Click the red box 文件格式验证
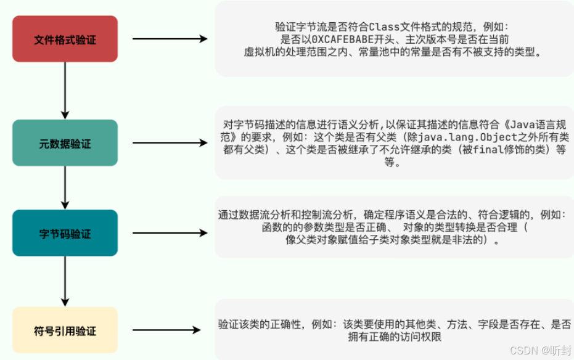(65, 39)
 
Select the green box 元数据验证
(65, 143)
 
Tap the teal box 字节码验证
(65, 234)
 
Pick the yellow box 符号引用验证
(65, 330)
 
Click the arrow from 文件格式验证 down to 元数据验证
(65, 90)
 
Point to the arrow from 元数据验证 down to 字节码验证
(65, 187)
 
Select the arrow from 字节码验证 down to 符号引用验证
(65, 281)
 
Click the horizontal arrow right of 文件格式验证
(170, 39)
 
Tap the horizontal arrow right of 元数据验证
(170, 143)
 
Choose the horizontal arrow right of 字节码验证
(170, 234)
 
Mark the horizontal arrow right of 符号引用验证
(170, 330)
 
